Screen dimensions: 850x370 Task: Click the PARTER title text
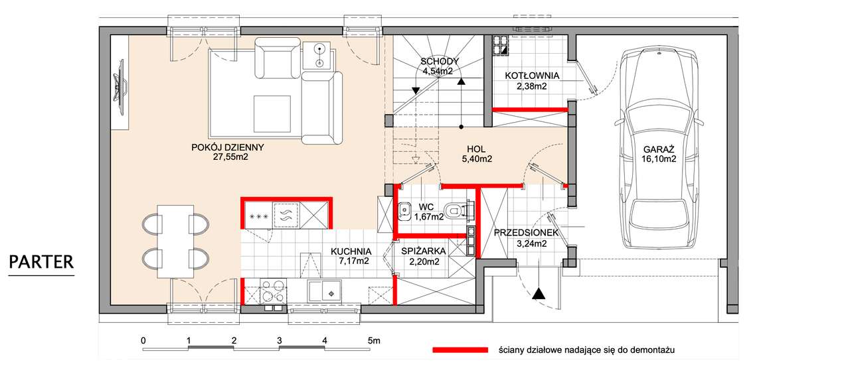41,262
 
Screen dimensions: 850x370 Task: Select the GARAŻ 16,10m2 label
659,154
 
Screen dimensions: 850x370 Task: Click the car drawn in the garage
659,148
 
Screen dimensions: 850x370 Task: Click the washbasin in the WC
404,212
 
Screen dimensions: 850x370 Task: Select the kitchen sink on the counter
325,291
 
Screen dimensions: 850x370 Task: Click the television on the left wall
120,87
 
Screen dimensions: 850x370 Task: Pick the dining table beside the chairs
175,241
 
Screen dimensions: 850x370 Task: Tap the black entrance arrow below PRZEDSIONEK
539,294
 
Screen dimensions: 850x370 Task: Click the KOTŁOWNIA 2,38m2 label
532,81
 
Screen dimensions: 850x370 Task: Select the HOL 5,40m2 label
477,154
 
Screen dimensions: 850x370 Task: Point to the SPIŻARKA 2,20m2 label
424,256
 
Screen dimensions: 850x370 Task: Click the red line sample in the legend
460,350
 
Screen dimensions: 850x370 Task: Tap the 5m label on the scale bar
374,341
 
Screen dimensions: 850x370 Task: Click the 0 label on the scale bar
143,341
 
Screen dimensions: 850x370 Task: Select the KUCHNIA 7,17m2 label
351,256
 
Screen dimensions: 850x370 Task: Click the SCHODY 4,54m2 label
440,66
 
